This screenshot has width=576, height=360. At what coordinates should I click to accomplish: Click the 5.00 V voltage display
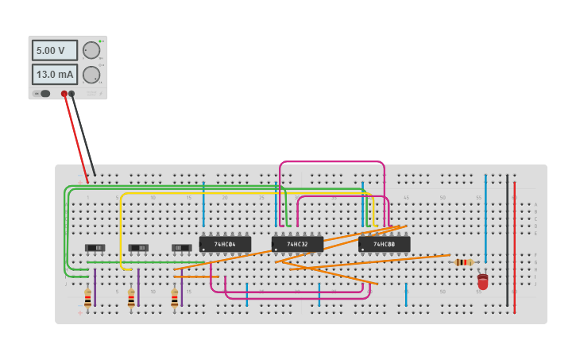54,50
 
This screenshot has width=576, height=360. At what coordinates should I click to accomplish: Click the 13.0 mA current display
54,75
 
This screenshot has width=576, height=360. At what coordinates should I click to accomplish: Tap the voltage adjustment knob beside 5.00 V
91,51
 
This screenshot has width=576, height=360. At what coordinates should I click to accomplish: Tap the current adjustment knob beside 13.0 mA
91,75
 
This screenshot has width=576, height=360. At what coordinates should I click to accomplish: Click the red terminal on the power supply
64,94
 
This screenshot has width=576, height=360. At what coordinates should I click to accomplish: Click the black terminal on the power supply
72,94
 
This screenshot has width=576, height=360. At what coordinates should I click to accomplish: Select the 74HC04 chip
225,244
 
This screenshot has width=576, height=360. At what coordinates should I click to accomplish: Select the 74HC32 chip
297,244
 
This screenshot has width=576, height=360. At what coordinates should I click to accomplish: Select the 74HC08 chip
384,244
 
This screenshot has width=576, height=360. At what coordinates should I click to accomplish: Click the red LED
482,281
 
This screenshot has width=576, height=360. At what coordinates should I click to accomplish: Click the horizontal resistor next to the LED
464,262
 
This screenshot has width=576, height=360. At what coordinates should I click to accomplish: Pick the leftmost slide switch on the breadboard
95,248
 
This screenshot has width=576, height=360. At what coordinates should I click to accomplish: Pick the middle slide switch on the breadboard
138,248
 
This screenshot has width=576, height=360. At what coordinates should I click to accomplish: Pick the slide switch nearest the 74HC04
182,248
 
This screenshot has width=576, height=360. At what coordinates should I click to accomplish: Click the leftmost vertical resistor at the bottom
87,299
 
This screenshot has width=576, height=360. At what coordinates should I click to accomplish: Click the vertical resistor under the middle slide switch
131,299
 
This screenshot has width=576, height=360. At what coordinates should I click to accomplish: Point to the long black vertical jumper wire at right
507,238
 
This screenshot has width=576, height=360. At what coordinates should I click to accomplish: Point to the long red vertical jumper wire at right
514,238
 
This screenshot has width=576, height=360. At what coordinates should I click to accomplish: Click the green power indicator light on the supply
101,41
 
